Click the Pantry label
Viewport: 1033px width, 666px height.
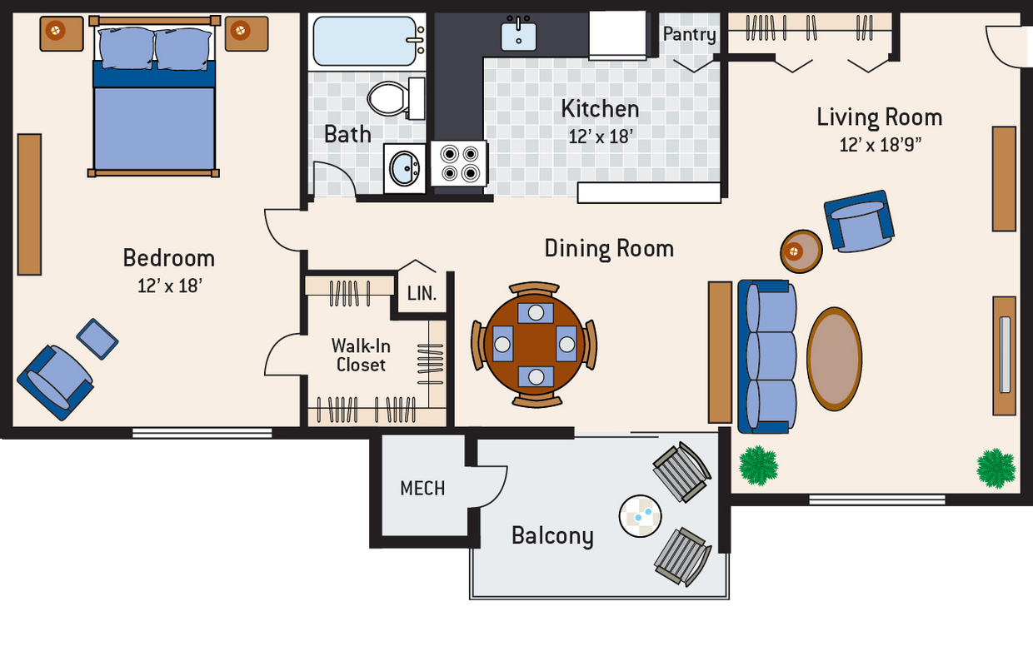pos(689,34)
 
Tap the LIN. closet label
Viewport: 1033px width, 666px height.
pos(422,294)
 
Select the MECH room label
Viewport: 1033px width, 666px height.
pos(422,488)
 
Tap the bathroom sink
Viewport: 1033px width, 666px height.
pos(407,169)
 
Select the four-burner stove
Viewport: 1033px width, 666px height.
pos(459,163)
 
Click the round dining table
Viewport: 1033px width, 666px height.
pos(534,343)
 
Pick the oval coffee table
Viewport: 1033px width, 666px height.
pos(834,359)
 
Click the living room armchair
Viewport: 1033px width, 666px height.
pos(859,221)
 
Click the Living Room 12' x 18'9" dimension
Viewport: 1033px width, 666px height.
pos(880,145)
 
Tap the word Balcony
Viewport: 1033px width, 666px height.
pos(552,535)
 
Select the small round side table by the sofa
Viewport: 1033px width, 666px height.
pos(801,250)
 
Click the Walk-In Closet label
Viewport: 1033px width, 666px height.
pos(361,355)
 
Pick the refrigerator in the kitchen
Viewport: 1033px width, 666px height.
pos(617,35)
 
